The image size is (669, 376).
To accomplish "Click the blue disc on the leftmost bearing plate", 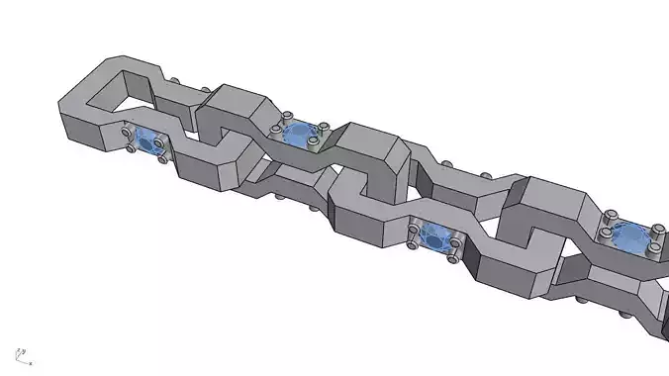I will pos(150,143).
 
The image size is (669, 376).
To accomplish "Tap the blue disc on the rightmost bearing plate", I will pos(629,236).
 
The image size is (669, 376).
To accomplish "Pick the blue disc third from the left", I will pos(432,235).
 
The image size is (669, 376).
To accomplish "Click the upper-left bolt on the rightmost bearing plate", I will pos(613,215).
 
